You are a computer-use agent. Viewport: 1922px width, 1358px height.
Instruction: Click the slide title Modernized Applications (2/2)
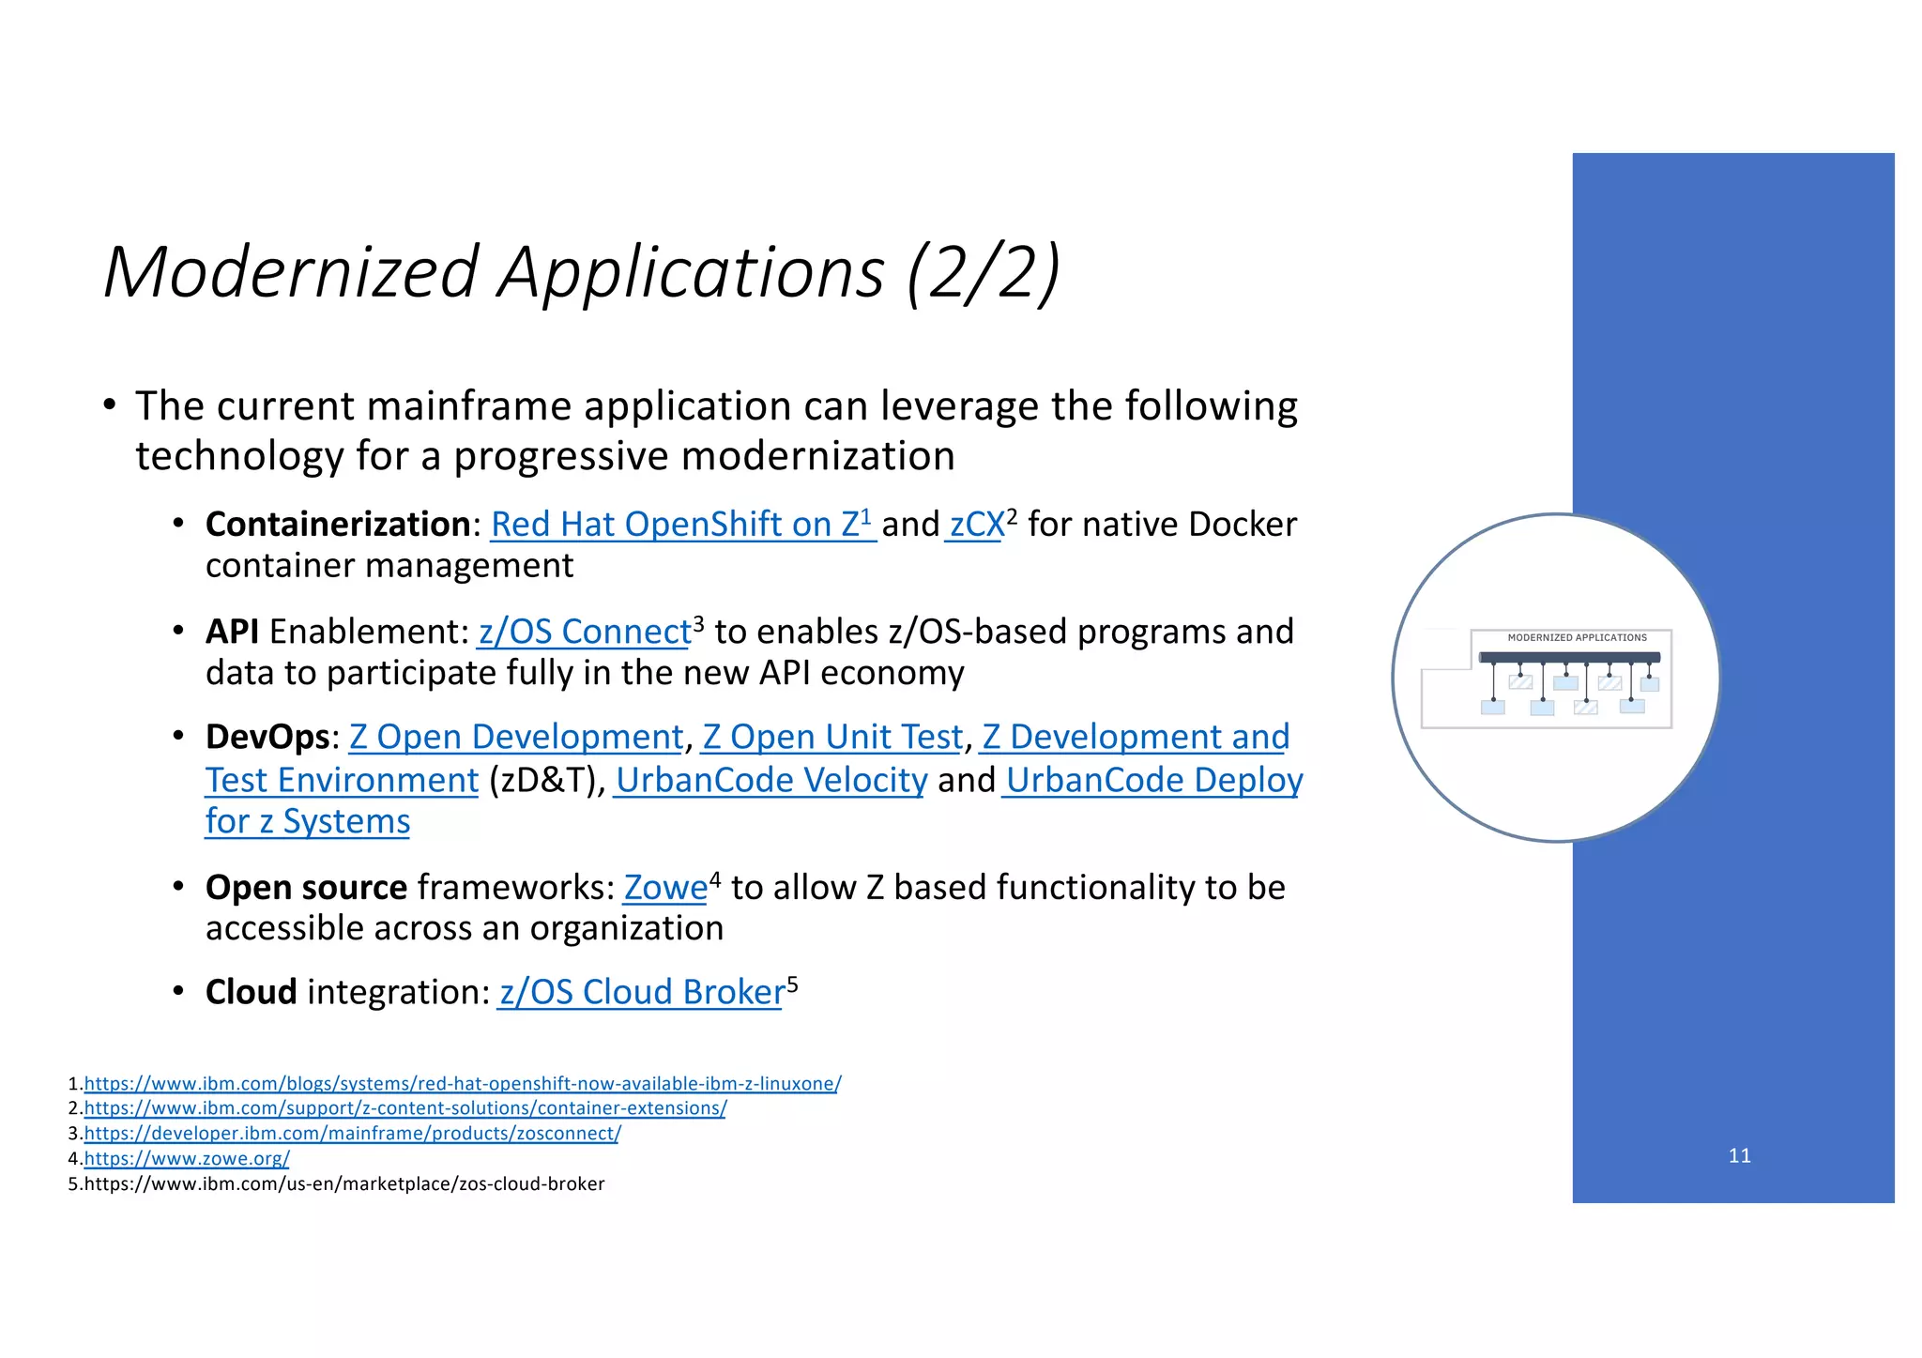582,272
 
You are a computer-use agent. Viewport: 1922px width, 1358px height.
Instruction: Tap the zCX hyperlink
976,525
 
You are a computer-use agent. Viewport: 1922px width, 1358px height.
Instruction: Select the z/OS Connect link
585,632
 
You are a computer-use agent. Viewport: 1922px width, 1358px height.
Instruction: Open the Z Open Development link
516,737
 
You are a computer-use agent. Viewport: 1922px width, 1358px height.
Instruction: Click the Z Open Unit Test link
832,737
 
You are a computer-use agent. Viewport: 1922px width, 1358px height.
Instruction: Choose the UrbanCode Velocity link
770,780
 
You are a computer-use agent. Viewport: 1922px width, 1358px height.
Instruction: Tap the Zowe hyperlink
665,887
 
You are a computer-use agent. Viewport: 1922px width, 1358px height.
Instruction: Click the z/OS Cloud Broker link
642,992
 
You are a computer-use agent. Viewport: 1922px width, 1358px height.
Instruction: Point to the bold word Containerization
338,524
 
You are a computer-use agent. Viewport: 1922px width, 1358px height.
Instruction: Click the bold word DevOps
267,737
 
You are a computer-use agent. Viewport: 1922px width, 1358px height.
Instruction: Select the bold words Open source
306,887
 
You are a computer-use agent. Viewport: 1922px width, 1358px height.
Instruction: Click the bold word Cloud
251,992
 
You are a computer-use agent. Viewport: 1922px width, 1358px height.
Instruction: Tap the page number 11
1739,1155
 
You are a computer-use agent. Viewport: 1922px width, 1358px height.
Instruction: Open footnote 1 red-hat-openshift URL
463,1084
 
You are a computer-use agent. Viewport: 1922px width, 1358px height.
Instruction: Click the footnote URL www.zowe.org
187,1159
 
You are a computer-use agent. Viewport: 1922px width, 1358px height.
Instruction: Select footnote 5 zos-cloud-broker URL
344,1184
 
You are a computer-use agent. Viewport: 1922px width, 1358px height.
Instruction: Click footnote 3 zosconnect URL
352,1134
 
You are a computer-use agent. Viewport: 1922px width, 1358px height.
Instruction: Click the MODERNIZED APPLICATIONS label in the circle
1577,637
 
